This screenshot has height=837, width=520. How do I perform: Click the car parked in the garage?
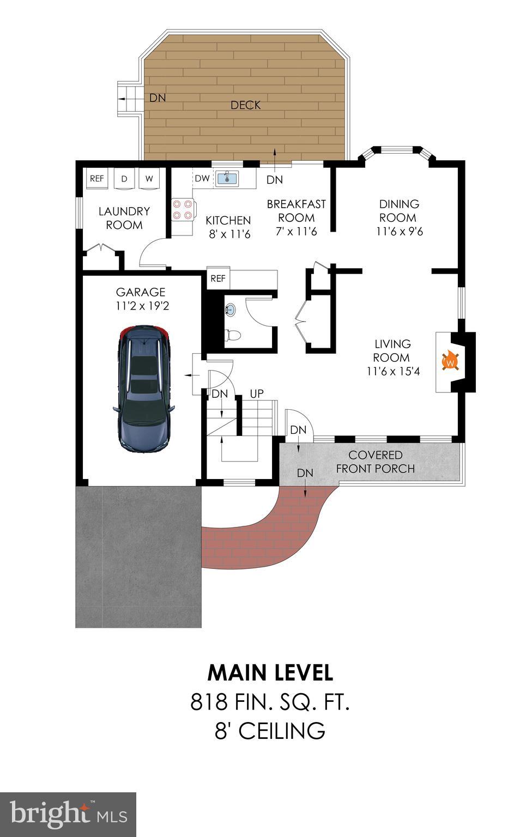[143, 388]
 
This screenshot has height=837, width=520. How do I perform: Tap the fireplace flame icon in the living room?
[450, 361]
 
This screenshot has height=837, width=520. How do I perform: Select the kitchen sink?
[226, 178]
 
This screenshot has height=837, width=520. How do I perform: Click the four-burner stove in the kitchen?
[182, 209]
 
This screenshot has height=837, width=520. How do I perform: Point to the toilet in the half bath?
[233, 335]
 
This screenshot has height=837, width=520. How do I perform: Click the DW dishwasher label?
[202, 178]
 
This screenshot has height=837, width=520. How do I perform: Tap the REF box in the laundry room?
[97, 179]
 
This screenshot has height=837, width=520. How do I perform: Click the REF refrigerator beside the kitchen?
[218, 278]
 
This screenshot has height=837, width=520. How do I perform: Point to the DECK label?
[245, 105]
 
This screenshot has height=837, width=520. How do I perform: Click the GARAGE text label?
[141, 293]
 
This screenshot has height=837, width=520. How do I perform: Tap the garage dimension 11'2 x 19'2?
[142, 306]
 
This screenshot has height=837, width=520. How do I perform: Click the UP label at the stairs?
[257, 393]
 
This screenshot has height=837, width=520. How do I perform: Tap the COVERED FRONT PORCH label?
[375, 462]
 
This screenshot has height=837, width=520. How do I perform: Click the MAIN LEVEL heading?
[270, 673]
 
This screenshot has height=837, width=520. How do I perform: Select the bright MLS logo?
[68, 814]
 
